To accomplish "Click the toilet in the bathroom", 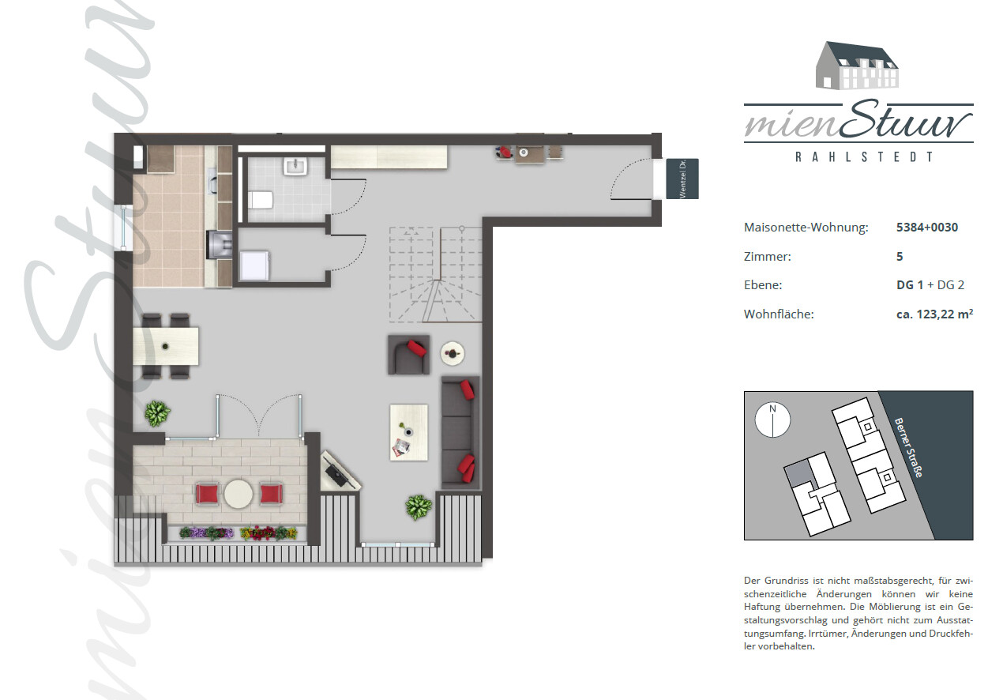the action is tap(261, 200).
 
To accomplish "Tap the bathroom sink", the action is tap(295, 167).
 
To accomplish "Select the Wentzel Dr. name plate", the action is tap(682, 179).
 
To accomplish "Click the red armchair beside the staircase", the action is tap(409, 355).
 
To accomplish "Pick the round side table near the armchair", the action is tap(453, 354).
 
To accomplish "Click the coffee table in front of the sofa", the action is tap(409, 433).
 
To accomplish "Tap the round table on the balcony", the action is tap(239, 494).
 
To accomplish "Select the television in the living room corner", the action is tap(340, 471).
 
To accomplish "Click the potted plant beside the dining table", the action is tap(157, 413).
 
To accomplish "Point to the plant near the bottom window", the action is tap(419, 507).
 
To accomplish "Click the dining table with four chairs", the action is tap(166, 346).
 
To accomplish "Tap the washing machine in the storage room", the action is tap(254, 265).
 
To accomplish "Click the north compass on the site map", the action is tap(772, 420).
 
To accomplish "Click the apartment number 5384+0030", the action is tap(927, 228).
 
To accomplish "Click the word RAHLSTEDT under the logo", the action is tap(864, 156).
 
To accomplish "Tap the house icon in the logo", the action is tap(857, 66).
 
